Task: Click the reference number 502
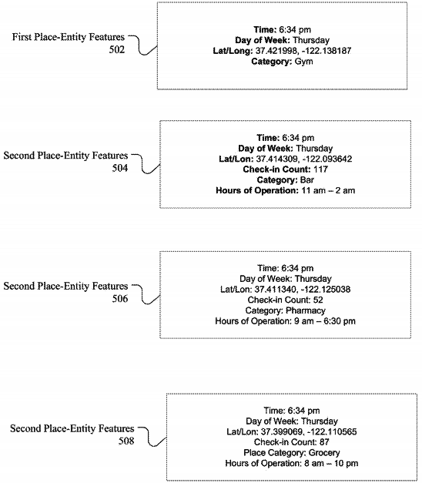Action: [x=117, y=49]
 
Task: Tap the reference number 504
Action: [x=120, y=168]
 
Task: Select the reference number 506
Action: [x=120, y=298]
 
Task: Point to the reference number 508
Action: [x=126, y=441]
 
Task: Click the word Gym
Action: [x=303, y=62]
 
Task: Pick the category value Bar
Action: [x=307, y=180]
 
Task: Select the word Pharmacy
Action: [x=306, y=310]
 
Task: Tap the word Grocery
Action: [x=324, y=453]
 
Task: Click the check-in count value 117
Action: [x=320, y=169]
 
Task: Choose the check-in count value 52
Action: [x=318, y=300]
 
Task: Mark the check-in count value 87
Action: [x=324, y=442]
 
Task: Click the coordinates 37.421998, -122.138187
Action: [x=303, y=51]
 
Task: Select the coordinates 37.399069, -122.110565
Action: [x=309, y=432]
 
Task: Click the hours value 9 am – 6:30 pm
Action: [x=325, y=321]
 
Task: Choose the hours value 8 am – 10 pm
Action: [x=331, y=463]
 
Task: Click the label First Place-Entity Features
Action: [x=69, y=37]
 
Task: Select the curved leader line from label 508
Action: [x=151, y=437]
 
